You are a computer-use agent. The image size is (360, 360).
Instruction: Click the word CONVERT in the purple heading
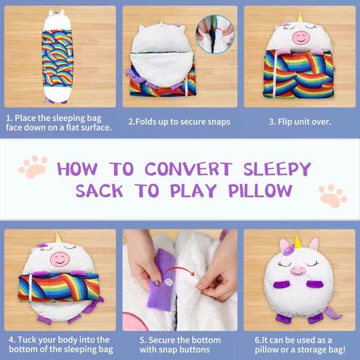point(188,168)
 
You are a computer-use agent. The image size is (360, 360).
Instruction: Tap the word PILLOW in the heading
point(260,191)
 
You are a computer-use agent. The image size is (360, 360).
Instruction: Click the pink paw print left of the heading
point(33,166)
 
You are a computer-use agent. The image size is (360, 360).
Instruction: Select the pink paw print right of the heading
point(333,196)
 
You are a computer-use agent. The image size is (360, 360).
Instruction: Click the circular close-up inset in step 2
point(215,34)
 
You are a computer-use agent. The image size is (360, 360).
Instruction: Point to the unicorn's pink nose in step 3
point(301,38)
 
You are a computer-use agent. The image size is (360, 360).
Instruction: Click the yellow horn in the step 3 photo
point(300,18)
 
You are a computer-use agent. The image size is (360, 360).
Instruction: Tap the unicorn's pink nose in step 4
point(60,260)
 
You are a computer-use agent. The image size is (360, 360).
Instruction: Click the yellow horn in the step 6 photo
point(298,242)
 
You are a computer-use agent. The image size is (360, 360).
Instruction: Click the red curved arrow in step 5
point(181,269)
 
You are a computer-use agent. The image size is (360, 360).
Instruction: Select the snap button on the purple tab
point(168,282)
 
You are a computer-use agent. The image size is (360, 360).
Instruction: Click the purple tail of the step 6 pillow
point(332,312)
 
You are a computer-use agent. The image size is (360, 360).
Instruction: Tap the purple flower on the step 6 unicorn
point(289,250)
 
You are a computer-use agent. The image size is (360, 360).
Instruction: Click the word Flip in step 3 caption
point(284,122)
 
